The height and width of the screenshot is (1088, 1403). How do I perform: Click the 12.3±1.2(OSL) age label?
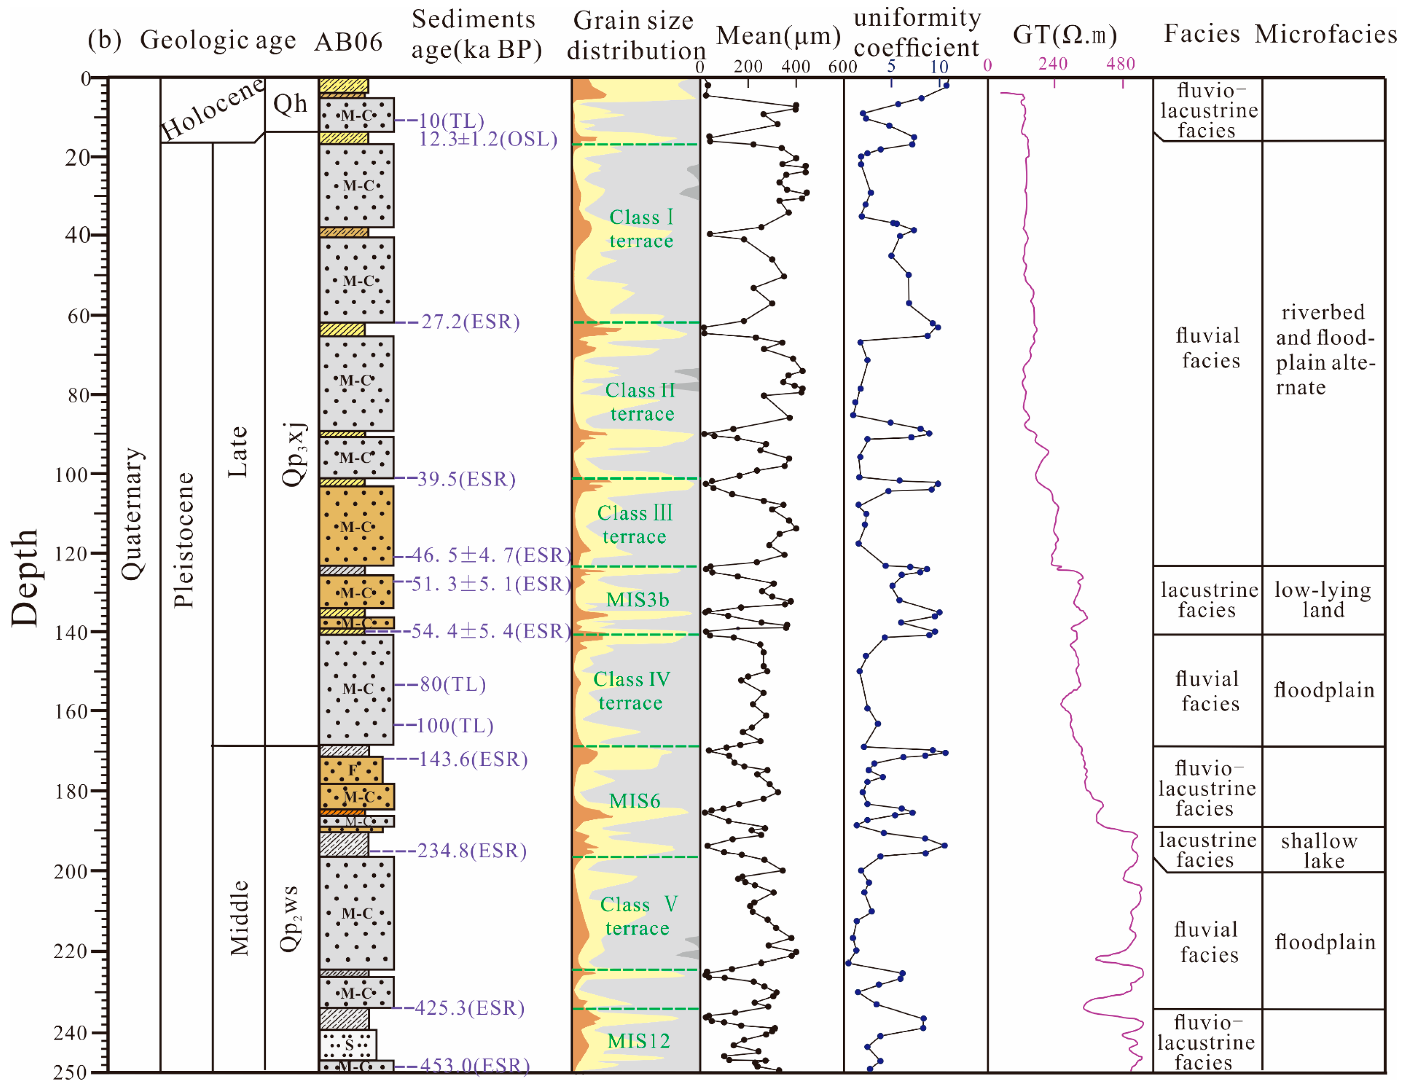(488, 139)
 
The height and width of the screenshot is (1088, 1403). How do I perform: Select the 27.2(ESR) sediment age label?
(470, 322)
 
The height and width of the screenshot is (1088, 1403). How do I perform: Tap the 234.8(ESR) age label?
(472, 851)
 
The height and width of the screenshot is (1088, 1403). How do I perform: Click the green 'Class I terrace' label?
(641, 229)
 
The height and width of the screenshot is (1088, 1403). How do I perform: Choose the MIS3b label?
(638, 600)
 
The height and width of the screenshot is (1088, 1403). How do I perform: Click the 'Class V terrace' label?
(638, 916)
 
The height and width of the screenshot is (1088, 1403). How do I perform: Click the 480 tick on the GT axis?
(1120, 64)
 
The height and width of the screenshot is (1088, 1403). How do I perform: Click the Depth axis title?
(24, 577)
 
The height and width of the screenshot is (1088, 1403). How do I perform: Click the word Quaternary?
(133, 514)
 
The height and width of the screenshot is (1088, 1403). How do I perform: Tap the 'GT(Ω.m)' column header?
(1064, 35)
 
